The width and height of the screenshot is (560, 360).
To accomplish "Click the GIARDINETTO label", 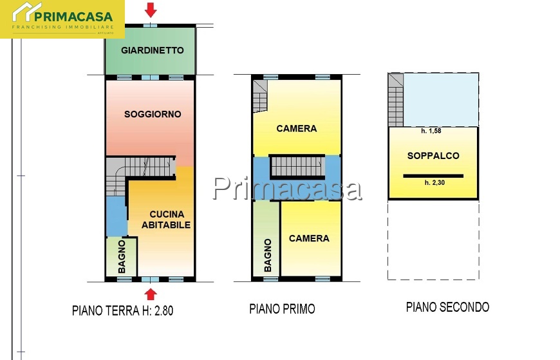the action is pos(153,50).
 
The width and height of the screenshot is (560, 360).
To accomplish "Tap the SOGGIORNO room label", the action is pos(153,114).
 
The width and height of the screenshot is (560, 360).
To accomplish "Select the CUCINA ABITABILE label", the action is pos(167,220).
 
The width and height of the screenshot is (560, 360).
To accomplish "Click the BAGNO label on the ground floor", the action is pos(122,257).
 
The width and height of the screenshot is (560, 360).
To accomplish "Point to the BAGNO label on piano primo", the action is pos(268,255).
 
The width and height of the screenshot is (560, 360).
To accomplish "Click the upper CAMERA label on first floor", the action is pos(297,128).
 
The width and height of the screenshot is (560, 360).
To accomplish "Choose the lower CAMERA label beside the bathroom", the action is pos(309,238).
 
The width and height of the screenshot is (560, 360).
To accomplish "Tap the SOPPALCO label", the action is pos(433,155).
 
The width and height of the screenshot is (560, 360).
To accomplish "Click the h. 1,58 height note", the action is pos(431,131).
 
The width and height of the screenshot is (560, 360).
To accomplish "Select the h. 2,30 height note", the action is pos(434,183).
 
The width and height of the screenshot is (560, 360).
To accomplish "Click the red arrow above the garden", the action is pos(151,10).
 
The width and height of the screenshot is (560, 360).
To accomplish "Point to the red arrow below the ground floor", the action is pos(151,294).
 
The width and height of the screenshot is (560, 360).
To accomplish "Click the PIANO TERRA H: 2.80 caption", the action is pos(122,310).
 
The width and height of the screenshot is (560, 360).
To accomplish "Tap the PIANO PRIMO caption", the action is pos(282,308).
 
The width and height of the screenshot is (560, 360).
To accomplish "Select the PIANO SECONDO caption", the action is pos(447,307).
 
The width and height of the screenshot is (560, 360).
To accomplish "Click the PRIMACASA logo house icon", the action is pos(27,12).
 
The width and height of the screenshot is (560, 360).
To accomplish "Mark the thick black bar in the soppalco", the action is pos(433,176).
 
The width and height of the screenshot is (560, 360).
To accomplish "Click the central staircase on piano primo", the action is pos(297,166).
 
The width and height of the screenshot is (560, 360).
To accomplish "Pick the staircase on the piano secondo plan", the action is pos(396,100).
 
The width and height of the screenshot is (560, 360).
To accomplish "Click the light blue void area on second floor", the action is pos(441,100).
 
